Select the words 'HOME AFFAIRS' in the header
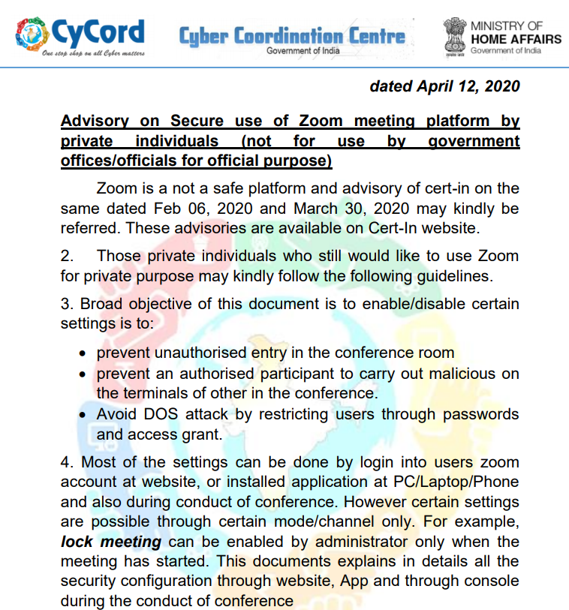[x=516, y=39]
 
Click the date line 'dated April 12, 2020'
[x=444, y=86]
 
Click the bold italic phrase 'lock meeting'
[x=111, y=542]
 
